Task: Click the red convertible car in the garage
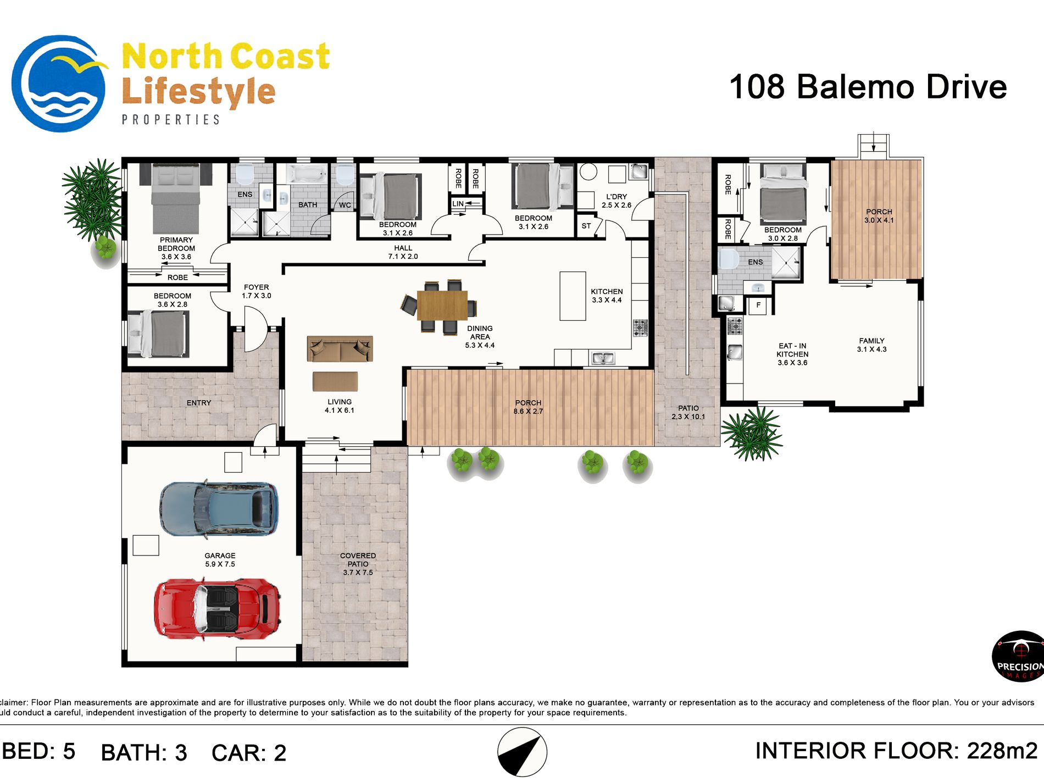[217, 609]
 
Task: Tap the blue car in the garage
[219, 508]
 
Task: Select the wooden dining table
[442, 305]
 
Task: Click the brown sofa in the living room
[340, 349]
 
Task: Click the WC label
[345, 205]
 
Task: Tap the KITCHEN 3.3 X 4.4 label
[607, 296]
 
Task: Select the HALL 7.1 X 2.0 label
[403, 252]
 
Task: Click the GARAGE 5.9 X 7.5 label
[220, 560]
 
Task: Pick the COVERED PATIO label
[358, 560]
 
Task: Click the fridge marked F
[758, 305]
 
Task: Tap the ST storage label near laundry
[586, 226]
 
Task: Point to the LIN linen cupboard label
[458, 204]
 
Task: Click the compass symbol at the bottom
[522, 752]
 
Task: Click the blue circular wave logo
[59, 84]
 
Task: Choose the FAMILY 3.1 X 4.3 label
[871, 345]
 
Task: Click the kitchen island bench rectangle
[573, 296]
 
